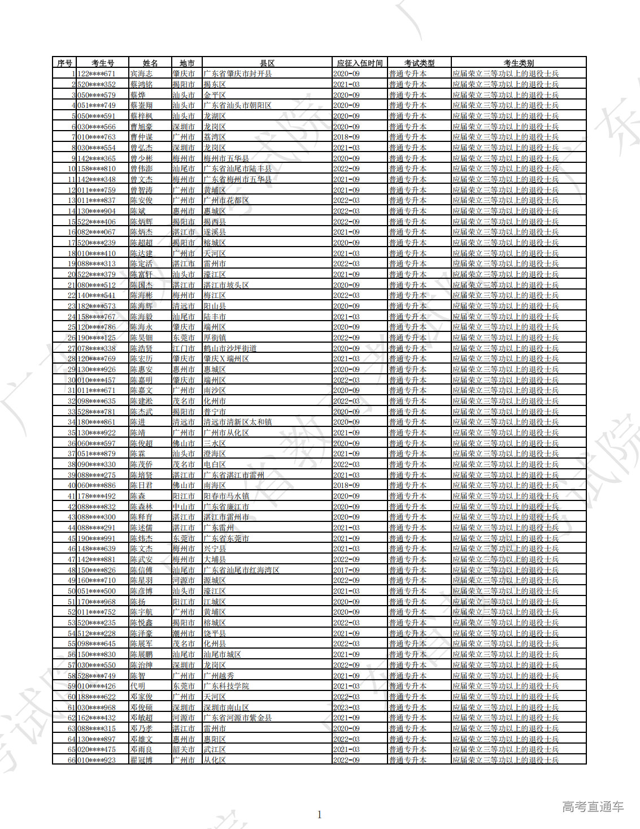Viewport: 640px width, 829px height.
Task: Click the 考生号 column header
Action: (x=103, y=63)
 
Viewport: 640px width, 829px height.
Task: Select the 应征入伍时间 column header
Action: (x=360, y=63)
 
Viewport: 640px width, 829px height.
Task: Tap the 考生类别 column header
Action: (x=519, y=63)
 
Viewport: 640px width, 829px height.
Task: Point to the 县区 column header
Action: (x=267, y=63)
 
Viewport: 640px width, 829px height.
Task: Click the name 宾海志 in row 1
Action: (x=141, y=74)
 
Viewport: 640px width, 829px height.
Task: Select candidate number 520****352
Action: (x=97, y=84)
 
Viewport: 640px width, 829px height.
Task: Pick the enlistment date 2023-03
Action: (x=346, y=707)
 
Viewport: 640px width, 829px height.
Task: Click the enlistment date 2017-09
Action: (x=346, y=570)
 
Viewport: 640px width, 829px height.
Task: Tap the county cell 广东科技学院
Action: (x=226, y=686)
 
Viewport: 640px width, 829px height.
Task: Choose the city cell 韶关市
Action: (x=184, y=749)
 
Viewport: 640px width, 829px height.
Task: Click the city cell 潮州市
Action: (x=184, y=633)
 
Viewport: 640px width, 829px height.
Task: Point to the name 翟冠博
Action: (x=141, y=760)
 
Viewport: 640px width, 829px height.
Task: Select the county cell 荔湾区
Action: (x=215, y=137)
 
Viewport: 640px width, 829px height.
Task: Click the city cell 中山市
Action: (x=184, y=507)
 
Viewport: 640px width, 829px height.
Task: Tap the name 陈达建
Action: (x=141, y=253)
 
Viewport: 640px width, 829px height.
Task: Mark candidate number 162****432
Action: (x=97, y=718)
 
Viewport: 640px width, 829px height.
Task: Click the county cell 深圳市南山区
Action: (x=226, y=707)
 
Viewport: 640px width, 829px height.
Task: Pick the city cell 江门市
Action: (x=184, y=348)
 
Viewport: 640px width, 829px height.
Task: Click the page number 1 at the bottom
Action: (x=320, y=815)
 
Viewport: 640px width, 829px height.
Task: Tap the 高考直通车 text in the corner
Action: (x=593, y=807)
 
